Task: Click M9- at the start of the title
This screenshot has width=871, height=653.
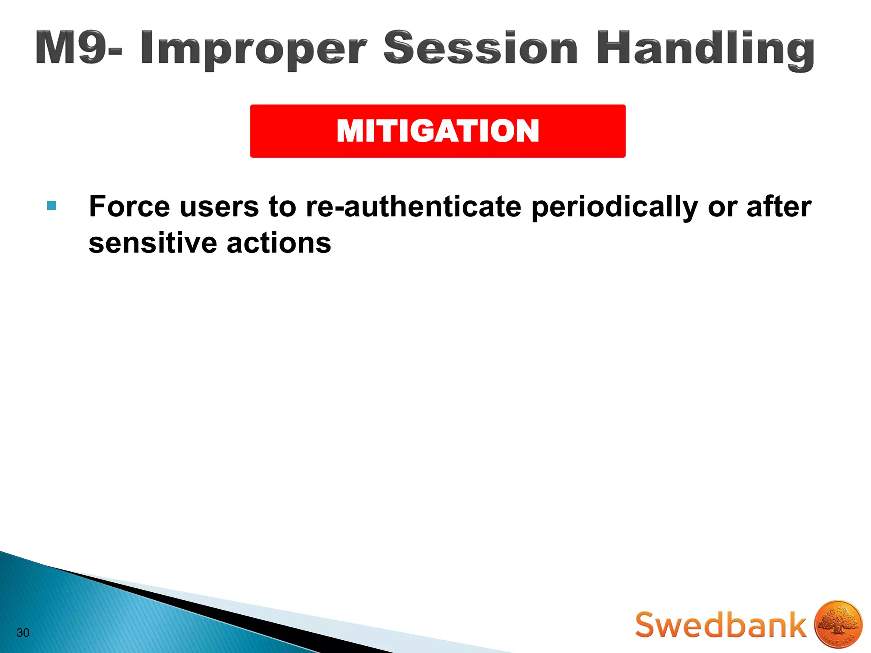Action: [79, 48]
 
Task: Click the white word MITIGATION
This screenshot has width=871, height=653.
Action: [438, 131]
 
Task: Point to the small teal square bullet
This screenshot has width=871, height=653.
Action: [52, 206]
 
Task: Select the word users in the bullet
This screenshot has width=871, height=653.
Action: [219, 207]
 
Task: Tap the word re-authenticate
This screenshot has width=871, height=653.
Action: [413, 207]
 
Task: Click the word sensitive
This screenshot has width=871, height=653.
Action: [153, 243]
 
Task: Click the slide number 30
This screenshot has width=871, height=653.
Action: [23, 633]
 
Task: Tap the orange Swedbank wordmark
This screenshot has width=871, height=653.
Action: [720, 625]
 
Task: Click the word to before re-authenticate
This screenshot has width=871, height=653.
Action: [282, 207]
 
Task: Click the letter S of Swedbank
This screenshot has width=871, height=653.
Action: [648, 625]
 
